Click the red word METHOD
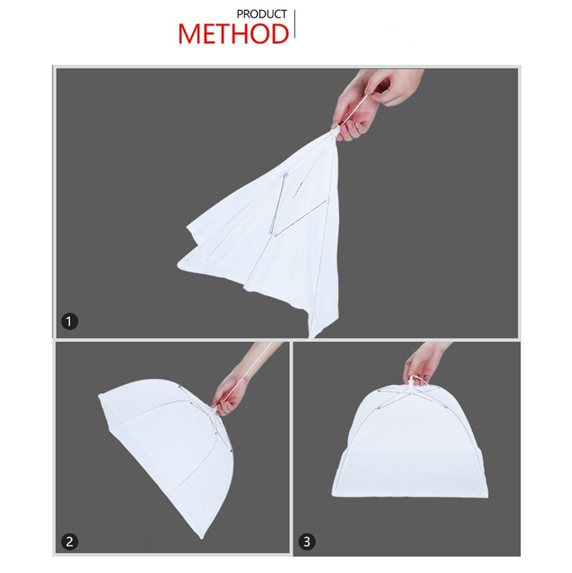tap(233, 34)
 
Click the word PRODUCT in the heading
tap(262, 14)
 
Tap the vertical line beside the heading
tap(294, 24)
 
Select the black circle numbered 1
tap(69, 321)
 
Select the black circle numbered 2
tap(69, 542)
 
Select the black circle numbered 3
tap(307, 542)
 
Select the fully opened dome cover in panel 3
tap(410, 442)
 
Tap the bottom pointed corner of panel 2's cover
tap(201, 538)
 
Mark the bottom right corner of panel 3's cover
tap(487, 496)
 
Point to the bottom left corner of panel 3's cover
tap(333, 495)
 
